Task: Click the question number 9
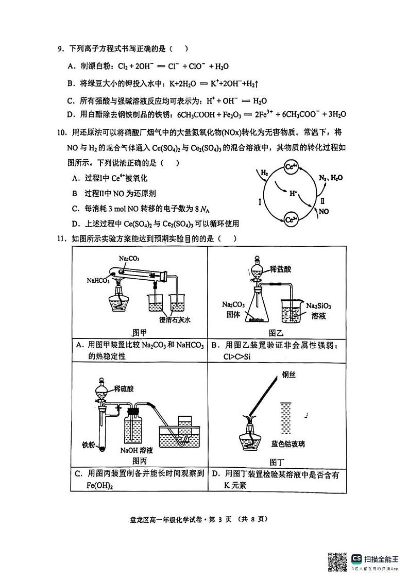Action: tap(60, 49)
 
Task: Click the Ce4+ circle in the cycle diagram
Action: tap(292, 167)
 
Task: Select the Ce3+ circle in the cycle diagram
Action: tap(292, 219)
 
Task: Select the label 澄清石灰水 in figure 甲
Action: tap(175, 319)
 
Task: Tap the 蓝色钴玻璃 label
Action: tap(287, 444)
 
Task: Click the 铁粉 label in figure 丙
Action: tap(89, 444)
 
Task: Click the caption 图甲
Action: tap(140, 332)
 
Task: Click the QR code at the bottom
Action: tap(337, 560)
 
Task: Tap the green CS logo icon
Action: tap(356, 558)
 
